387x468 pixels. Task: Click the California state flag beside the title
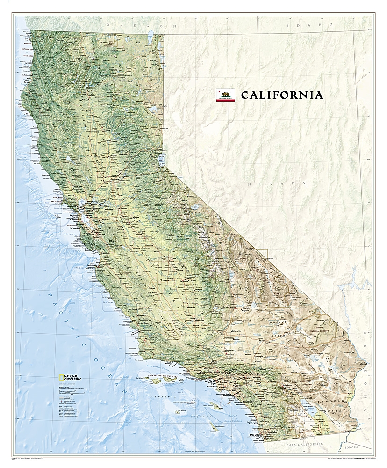[x=225, y=95]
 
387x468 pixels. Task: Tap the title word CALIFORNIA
[x=282, y=95]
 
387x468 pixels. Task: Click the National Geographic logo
[x=69, y=378]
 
